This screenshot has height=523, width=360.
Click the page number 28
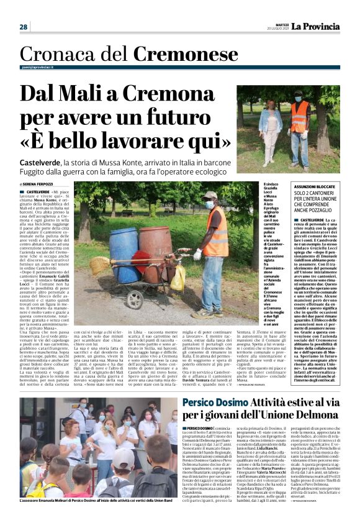(23, 27)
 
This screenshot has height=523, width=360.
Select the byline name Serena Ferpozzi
(40, 184)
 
